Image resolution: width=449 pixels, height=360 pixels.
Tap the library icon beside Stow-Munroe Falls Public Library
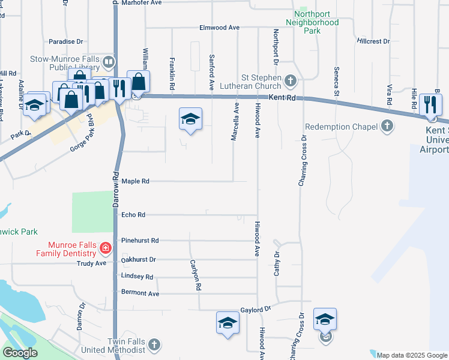pyautogui.click(x=109, y=61)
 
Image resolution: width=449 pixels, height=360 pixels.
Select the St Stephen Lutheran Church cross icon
pyautogui.click(x=291, y=80)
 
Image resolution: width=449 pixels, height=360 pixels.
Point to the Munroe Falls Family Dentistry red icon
pyautogui.click(x=105, y=247)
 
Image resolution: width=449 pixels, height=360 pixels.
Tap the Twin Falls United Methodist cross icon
pyautogui.click(x=154, y=344)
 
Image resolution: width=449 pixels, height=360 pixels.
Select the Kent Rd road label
pyautogui.click(x=282, y=97)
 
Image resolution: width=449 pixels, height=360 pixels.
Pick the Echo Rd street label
pyautogui.click(x=133, y=214)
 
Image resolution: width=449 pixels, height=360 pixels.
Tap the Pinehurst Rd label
pyautogui.click(x=139, y=241)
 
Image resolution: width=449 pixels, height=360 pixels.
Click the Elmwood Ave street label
pyautogui.click(x=220, y=28)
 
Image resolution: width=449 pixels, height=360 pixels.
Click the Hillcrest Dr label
pyautogui.click(x=373, y=41)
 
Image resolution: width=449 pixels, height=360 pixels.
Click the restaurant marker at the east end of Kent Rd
pyautogui.click(x=430, y=104)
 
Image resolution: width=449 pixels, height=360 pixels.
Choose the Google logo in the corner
pyautogui.click(x=19, y=353)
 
